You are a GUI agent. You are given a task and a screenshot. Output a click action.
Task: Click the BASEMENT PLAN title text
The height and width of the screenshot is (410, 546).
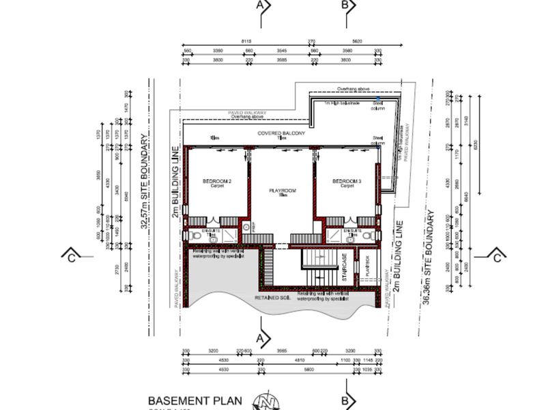pyautogui.click(x=195, y=400)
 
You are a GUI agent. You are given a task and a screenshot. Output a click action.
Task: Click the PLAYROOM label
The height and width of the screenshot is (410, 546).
pyautogui.click(x=281, y=191)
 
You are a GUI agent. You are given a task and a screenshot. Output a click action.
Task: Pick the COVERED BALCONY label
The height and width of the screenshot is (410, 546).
pyautogui.click(x=281, y=133)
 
